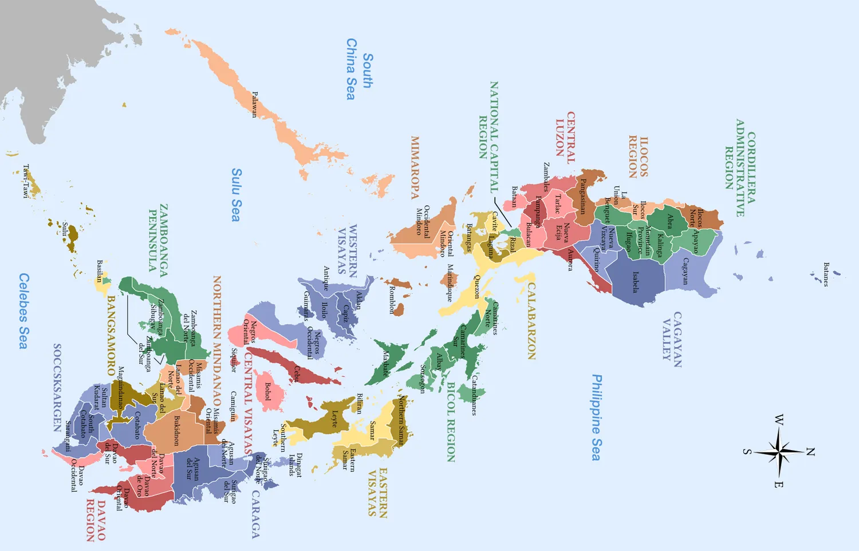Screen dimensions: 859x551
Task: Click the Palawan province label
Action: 255,104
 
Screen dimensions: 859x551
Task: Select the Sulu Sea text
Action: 236,195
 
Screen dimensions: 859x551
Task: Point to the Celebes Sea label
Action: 23,310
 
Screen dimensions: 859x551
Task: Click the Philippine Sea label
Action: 597,418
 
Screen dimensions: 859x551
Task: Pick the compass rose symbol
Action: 779,451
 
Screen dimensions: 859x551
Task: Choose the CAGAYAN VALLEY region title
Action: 670,339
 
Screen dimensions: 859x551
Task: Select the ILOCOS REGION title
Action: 639,157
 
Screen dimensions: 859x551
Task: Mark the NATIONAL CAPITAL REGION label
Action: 488,136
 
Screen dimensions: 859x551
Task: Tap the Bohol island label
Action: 267,391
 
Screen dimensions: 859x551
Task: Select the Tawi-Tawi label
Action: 25,181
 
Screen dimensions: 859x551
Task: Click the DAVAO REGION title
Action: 96,520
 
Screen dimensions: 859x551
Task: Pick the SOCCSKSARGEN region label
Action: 57,388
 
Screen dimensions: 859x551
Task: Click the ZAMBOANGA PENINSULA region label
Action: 158,237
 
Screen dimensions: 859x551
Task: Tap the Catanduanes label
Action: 474,395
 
